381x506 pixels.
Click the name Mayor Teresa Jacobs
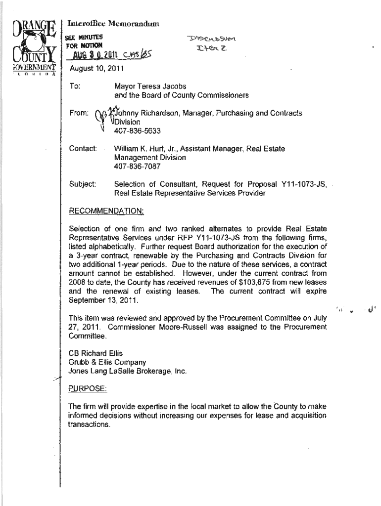point(150,86)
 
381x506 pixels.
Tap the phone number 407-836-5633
point(137,131)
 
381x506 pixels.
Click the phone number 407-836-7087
point(137,167)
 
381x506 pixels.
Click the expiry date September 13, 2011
point(104,300)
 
